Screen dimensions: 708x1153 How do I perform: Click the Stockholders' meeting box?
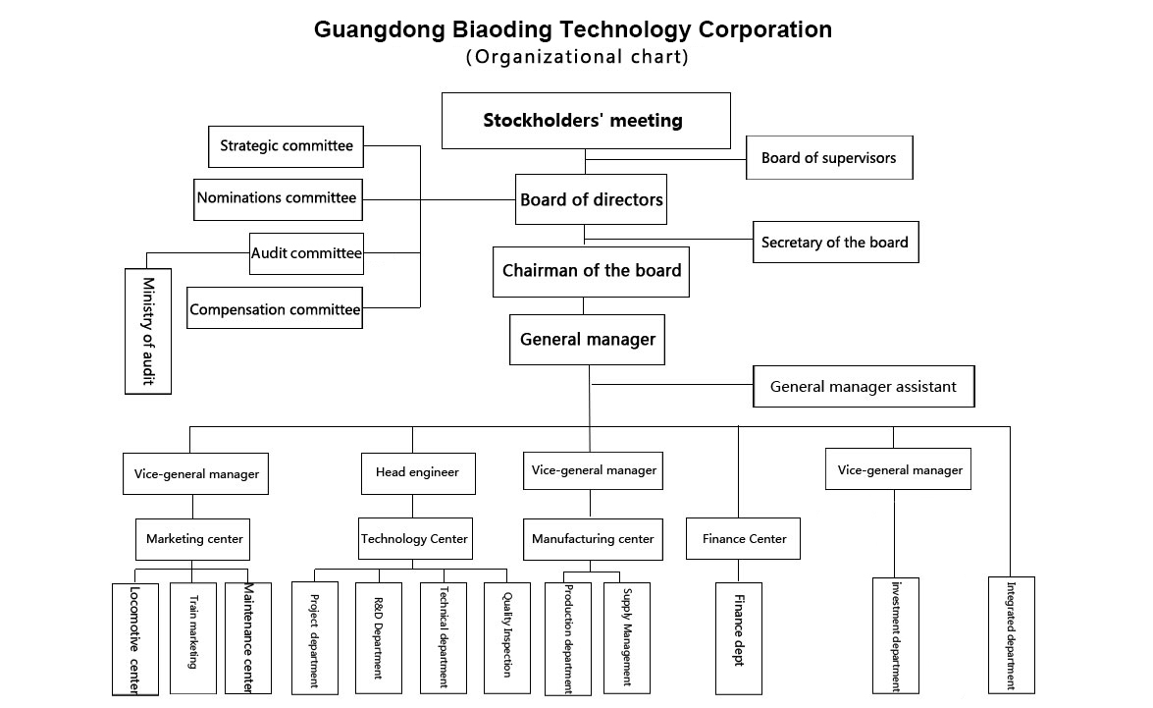(586, 121)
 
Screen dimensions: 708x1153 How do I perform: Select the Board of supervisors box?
(829, 158)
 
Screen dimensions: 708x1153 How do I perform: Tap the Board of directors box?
(592, 200)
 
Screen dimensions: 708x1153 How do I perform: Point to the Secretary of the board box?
(835, 243)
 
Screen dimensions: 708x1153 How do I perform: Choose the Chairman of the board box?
(591, 271)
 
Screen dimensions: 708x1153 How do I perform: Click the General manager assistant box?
(864, 387)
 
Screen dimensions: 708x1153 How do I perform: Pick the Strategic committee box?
(287, 146)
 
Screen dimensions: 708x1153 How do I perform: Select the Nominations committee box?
(277, 198)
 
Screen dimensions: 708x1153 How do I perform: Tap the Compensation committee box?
(275, 309)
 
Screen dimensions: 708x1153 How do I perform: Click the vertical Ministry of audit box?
(148, 331)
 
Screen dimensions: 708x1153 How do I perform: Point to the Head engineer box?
(417, 472)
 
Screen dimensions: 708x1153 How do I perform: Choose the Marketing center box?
(194, 539)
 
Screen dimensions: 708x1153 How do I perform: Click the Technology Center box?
(414, 539)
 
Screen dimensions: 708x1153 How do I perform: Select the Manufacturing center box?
(593, 539)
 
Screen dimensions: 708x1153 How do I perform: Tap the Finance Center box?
(744, 539)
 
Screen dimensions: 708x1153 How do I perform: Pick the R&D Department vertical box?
(379, 637)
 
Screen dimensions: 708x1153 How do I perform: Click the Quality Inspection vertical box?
(506, 637)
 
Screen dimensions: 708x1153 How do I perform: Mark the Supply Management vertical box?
(626, 639)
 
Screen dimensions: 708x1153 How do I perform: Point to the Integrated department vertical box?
(1011, 634)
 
